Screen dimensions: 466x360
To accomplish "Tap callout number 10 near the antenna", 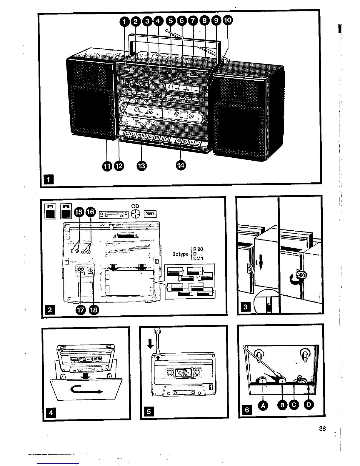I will pyautogui.click(x=227, y=20).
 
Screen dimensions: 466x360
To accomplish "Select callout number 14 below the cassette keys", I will pyautogui.click(x=181, y=165).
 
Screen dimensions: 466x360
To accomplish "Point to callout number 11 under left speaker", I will pyautogui.click(x=107, y=166).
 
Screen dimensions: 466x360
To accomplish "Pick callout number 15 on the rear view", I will pyautogui.click(x=79, y=212).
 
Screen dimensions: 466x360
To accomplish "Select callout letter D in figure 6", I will pyautogui.click(x=309, y=405).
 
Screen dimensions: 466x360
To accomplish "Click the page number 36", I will pyautogui.click(x=322, y=429).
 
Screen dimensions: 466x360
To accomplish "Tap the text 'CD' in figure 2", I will pyautogui.click(x=135, y=207).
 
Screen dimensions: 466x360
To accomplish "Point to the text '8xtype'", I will pyautogui.click(x=180, y=254).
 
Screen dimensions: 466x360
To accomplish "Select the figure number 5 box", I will pyautogui.click(x=149, y=411).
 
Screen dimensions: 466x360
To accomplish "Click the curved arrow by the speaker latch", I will pyautogui.click(x=294, y=280).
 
